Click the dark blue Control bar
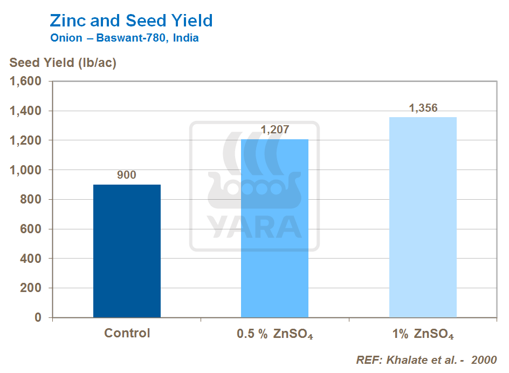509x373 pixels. coord(127,251)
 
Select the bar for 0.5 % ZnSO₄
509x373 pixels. coord(274,228)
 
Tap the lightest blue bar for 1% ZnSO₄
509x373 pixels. coord(423,217)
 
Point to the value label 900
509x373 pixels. coord(127,175)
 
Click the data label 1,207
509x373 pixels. coord(275,130)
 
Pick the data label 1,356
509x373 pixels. coord(423,108)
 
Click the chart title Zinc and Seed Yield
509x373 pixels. coord(131,21)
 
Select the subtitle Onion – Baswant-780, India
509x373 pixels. coord(124,38)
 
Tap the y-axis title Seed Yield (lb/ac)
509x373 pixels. coord(63,63)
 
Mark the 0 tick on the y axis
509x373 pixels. coord(38,317)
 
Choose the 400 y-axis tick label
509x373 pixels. coord(30,259)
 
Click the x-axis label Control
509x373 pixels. coord(127,333)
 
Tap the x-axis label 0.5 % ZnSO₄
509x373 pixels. coord(275,334)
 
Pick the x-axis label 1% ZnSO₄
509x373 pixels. coord(423,334)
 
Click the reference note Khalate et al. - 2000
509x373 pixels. coord(426,360)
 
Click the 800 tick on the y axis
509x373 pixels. coord(30,200)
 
